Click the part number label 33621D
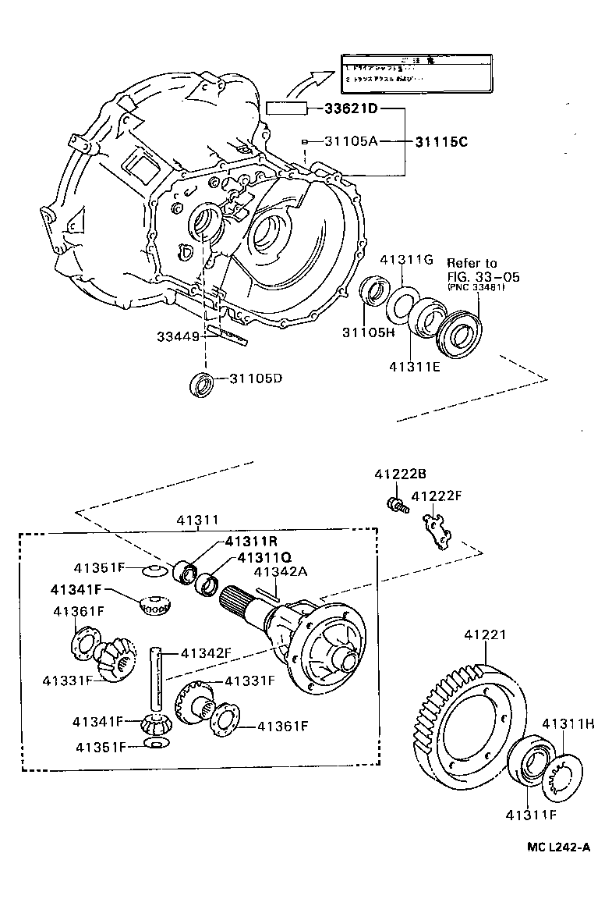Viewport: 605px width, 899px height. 351,108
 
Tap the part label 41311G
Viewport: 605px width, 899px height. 406,260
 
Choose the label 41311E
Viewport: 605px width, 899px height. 415,364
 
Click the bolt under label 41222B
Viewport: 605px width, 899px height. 395,505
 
